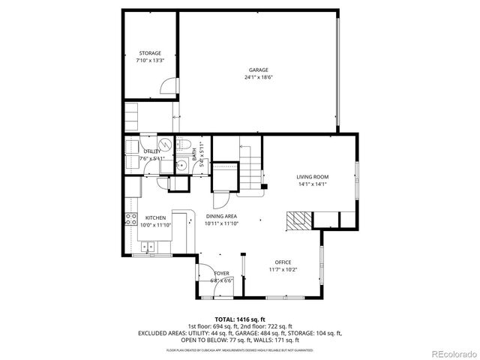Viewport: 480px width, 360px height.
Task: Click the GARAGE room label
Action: point(259,70)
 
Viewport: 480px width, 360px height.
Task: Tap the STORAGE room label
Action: point(149,53)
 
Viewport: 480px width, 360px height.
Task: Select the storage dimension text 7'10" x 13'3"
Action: point(149,61)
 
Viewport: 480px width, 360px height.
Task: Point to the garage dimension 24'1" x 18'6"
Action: point(259,78)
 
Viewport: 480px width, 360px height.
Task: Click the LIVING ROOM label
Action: point(313,177)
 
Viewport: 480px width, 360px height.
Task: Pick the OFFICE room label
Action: point(283,262)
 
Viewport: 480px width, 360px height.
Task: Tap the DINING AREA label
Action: point(222,216)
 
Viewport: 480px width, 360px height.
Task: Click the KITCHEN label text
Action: point(155,217)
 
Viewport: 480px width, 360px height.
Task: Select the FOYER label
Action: point(222,273)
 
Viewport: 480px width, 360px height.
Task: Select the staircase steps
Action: point(250,170)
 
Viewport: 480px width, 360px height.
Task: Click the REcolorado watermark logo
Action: point(449,353)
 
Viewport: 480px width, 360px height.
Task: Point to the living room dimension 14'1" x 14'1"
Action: point(313,184)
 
